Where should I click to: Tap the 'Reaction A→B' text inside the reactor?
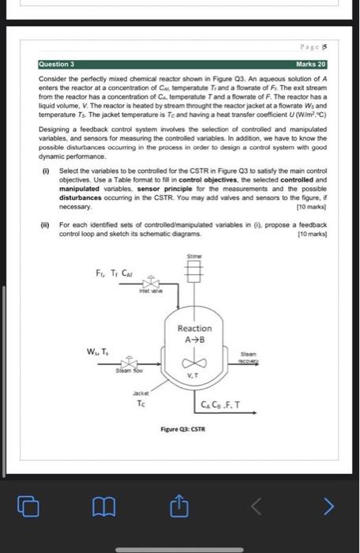(x=194, y=333)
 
